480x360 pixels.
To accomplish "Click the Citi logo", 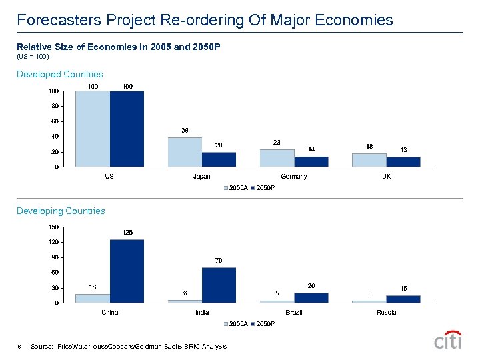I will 448,340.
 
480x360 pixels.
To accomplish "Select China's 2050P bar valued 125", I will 127,271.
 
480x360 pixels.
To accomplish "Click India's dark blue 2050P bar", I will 219,285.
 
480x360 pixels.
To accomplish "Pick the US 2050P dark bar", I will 127,129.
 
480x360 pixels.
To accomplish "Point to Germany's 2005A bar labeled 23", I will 277,158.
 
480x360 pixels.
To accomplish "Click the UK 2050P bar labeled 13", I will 403,161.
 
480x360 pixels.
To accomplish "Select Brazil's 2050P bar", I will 311,297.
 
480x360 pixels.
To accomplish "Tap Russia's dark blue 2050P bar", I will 403,299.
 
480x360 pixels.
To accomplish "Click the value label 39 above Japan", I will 185,129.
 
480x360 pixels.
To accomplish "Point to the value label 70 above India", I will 219,260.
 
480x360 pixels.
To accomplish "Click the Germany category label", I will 293,177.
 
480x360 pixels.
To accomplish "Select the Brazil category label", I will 293,312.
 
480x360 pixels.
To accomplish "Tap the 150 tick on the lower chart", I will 52,227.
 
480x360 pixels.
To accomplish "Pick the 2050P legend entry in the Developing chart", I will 263,324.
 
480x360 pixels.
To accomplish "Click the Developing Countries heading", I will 61,211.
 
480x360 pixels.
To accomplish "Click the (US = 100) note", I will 33,57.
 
